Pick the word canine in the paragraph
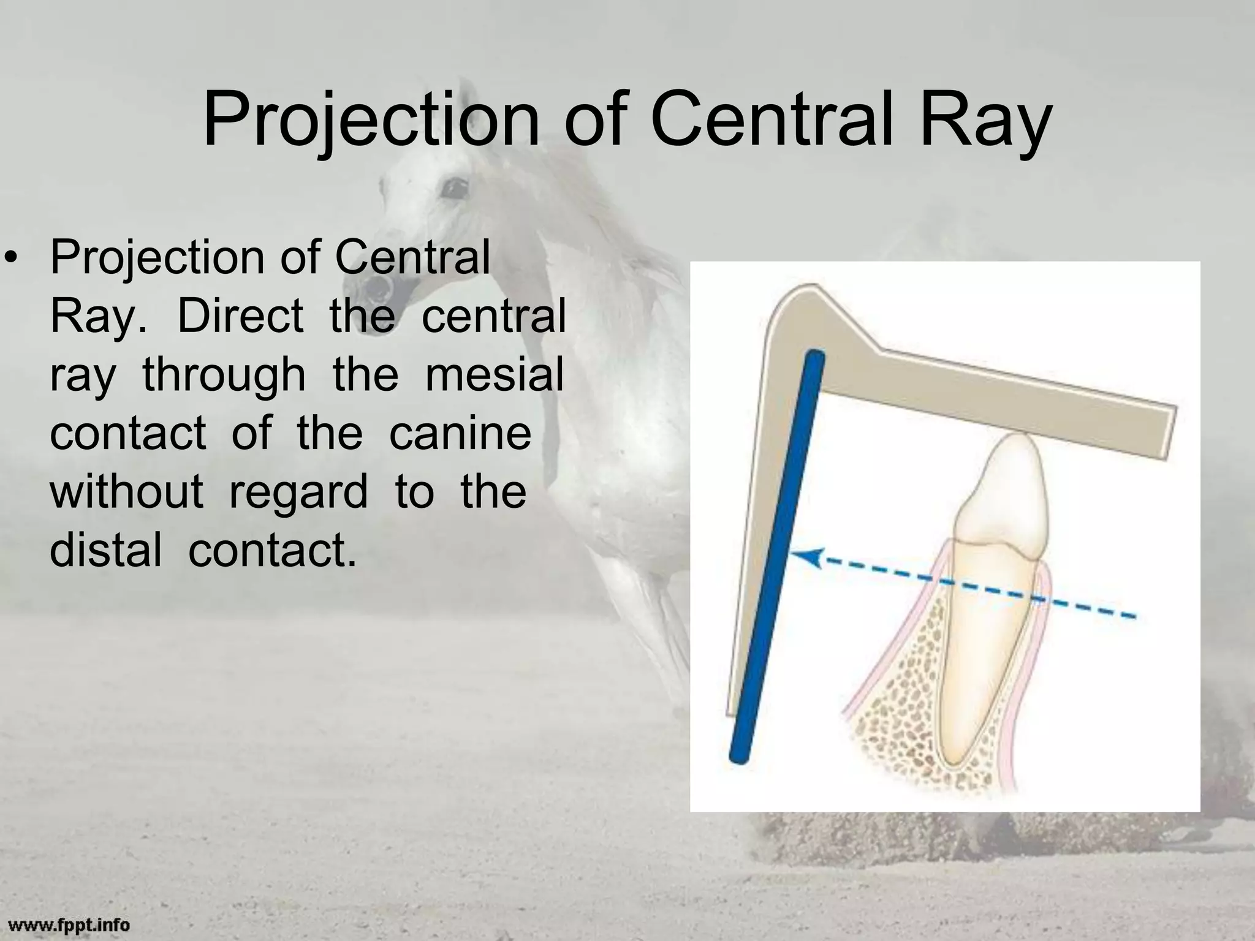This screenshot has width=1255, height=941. pyautogui.click(x=460, y=433)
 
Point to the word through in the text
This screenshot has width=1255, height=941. pyautogui.click(x=224, y=375)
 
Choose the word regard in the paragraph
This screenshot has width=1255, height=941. pyautogui.click(x=298, y=492)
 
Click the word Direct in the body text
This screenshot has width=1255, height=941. pyautogui.click(x=241, y=316)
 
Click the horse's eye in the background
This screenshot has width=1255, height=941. pyautogui.click(x=453, y=187)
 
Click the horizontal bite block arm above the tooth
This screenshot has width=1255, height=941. pyautogui.click(x=1011, y=392)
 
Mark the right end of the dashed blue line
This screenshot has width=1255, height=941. pyautogui.click(x=1134, y=617)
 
